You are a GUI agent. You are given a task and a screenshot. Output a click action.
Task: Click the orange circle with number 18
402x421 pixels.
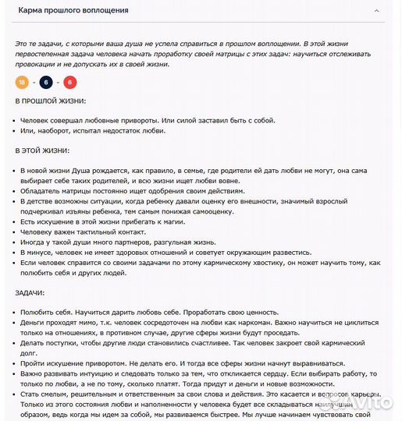pos(22,82)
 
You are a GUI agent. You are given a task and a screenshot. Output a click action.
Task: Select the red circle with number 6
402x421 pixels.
pos(70,82)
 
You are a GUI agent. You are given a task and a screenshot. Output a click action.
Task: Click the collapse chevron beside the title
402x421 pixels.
pos(377,11)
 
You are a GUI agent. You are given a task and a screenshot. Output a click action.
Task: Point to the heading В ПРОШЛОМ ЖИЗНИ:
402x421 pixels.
pos(51,101)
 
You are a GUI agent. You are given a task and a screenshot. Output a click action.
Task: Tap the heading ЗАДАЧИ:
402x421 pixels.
pos(30,292)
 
